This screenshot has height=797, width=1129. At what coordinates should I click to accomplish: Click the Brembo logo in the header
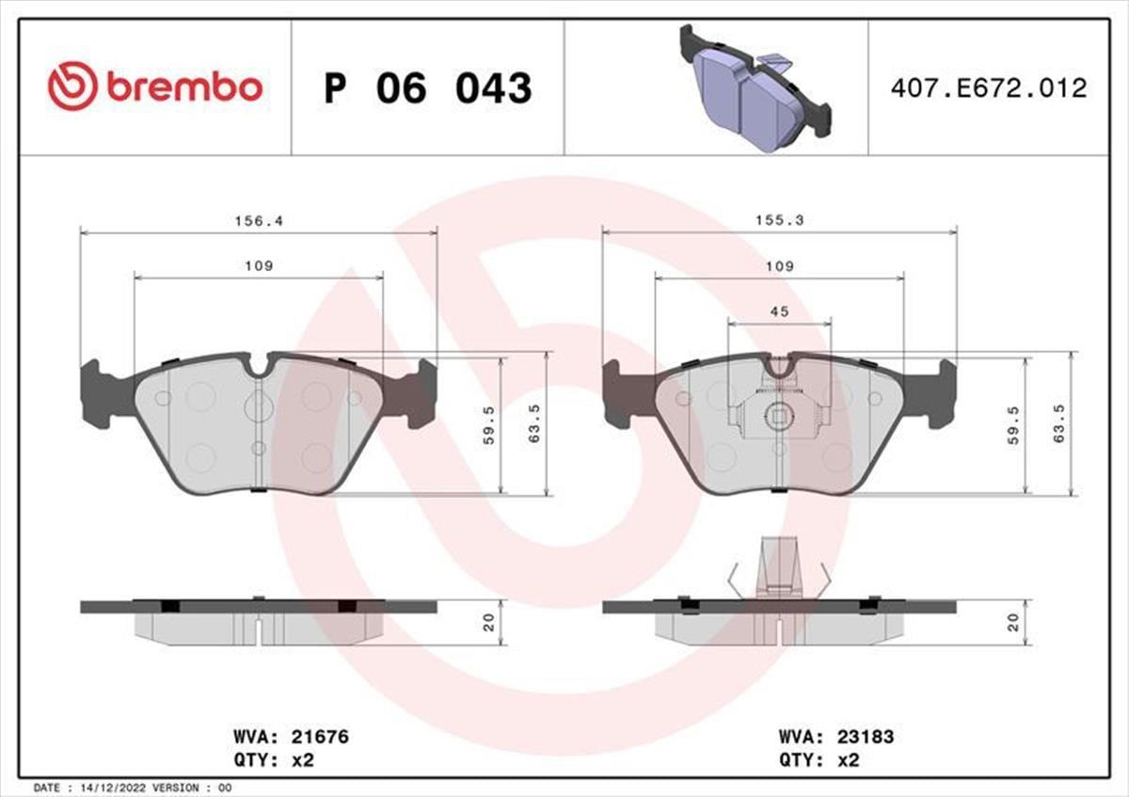[x=155, y=87]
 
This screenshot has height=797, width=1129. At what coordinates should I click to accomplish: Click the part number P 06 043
[x=428, y=88]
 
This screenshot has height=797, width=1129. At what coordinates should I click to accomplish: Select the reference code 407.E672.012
[x=988, y=88]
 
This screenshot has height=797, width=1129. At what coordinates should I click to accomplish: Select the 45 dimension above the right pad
[x=779, y=311]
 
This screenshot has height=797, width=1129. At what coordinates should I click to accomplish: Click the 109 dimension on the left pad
[x=259, y=266]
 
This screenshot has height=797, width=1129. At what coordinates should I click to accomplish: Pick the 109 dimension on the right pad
[x=779, y=266]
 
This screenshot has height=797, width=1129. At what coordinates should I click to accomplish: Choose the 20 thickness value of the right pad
[x=1014, y=622]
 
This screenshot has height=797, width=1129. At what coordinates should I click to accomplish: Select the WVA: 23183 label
[x=835, y=738]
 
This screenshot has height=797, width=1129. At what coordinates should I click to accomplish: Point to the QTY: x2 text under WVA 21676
[x=272, y=760]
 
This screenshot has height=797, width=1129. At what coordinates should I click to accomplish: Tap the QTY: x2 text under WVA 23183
[x=818, y=760]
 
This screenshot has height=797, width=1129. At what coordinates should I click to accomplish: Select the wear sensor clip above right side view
[x=779, y=565]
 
